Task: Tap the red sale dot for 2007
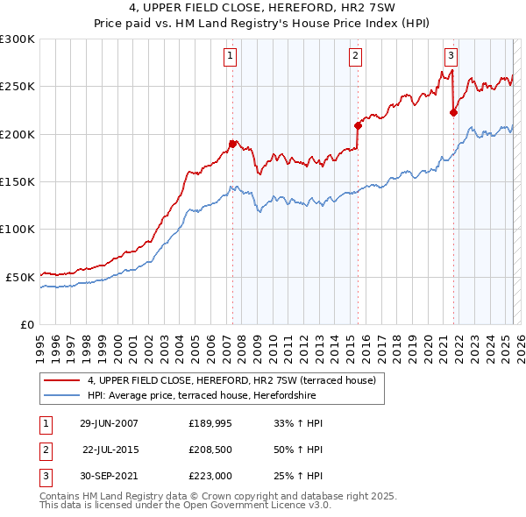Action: [232, 143]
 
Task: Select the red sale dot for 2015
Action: [358, 125]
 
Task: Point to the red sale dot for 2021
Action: [453, 111]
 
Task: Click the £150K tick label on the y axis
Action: [18, 181]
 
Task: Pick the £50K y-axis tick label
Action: [21, 277]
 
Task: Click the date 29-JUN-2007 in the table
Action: [109, 423]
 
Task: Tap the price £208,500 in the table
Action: [210, 450]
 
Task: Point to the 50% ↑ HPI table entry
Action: [293, 450]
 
